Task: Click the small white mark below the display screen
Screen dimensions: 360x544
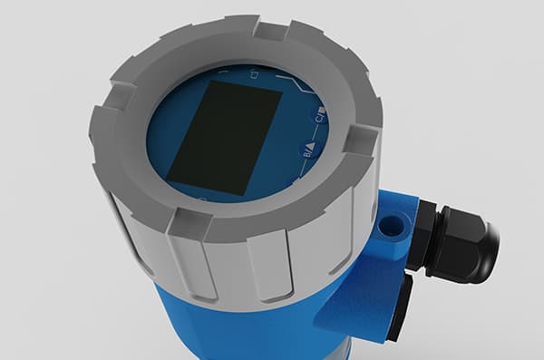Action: click(201, 197)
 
